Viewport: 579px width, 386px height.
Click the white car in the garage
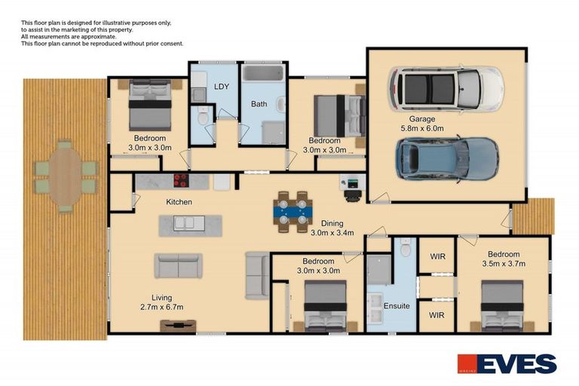pos(446,90)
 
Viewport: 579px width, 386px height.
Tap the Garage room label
pos(421,119)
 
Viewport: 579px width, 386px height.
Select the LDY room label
pos(222,87)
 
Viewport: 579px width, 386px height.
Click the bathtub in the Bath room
pos(263,73)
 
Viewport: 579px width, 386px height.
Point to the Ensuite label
pos(397,306)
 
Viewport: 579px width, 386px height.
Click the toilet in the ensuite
pos(406,248)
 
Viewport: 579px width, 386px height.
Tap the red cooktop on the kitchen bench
pos(181,181)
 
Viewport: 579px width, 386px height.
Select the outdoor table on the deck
pos(66,176)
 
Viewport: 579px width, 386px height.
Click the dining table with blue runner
pos(293,212)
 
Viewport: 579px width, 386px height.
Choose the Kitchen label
pos(179,202)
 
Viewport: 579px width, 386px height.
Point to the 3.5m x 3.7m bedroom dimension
pos(504,264)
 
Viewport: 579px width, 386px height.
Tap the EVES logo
pos(507,364)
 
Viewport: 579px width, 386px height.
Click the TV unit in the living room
pos(178,326)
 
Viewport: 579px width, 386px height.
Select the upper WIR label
pos(437,256)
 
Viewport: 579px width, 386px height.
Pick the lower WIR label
pos(437,315)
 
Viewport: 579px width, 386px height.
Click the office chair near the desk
pos(353,196)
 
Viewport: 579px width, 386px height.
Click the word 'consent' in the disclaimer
pos(173,44)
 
